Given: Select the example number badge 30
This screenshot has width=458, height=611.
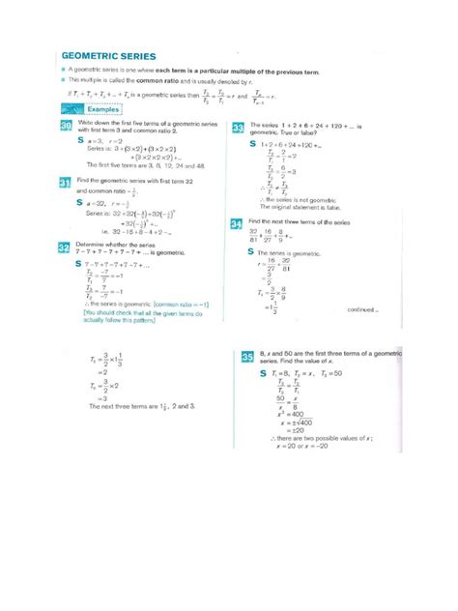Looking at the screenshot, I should [65, 128].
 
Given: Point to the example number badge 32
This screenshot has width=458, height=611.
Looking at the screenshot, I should [65, 247].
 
